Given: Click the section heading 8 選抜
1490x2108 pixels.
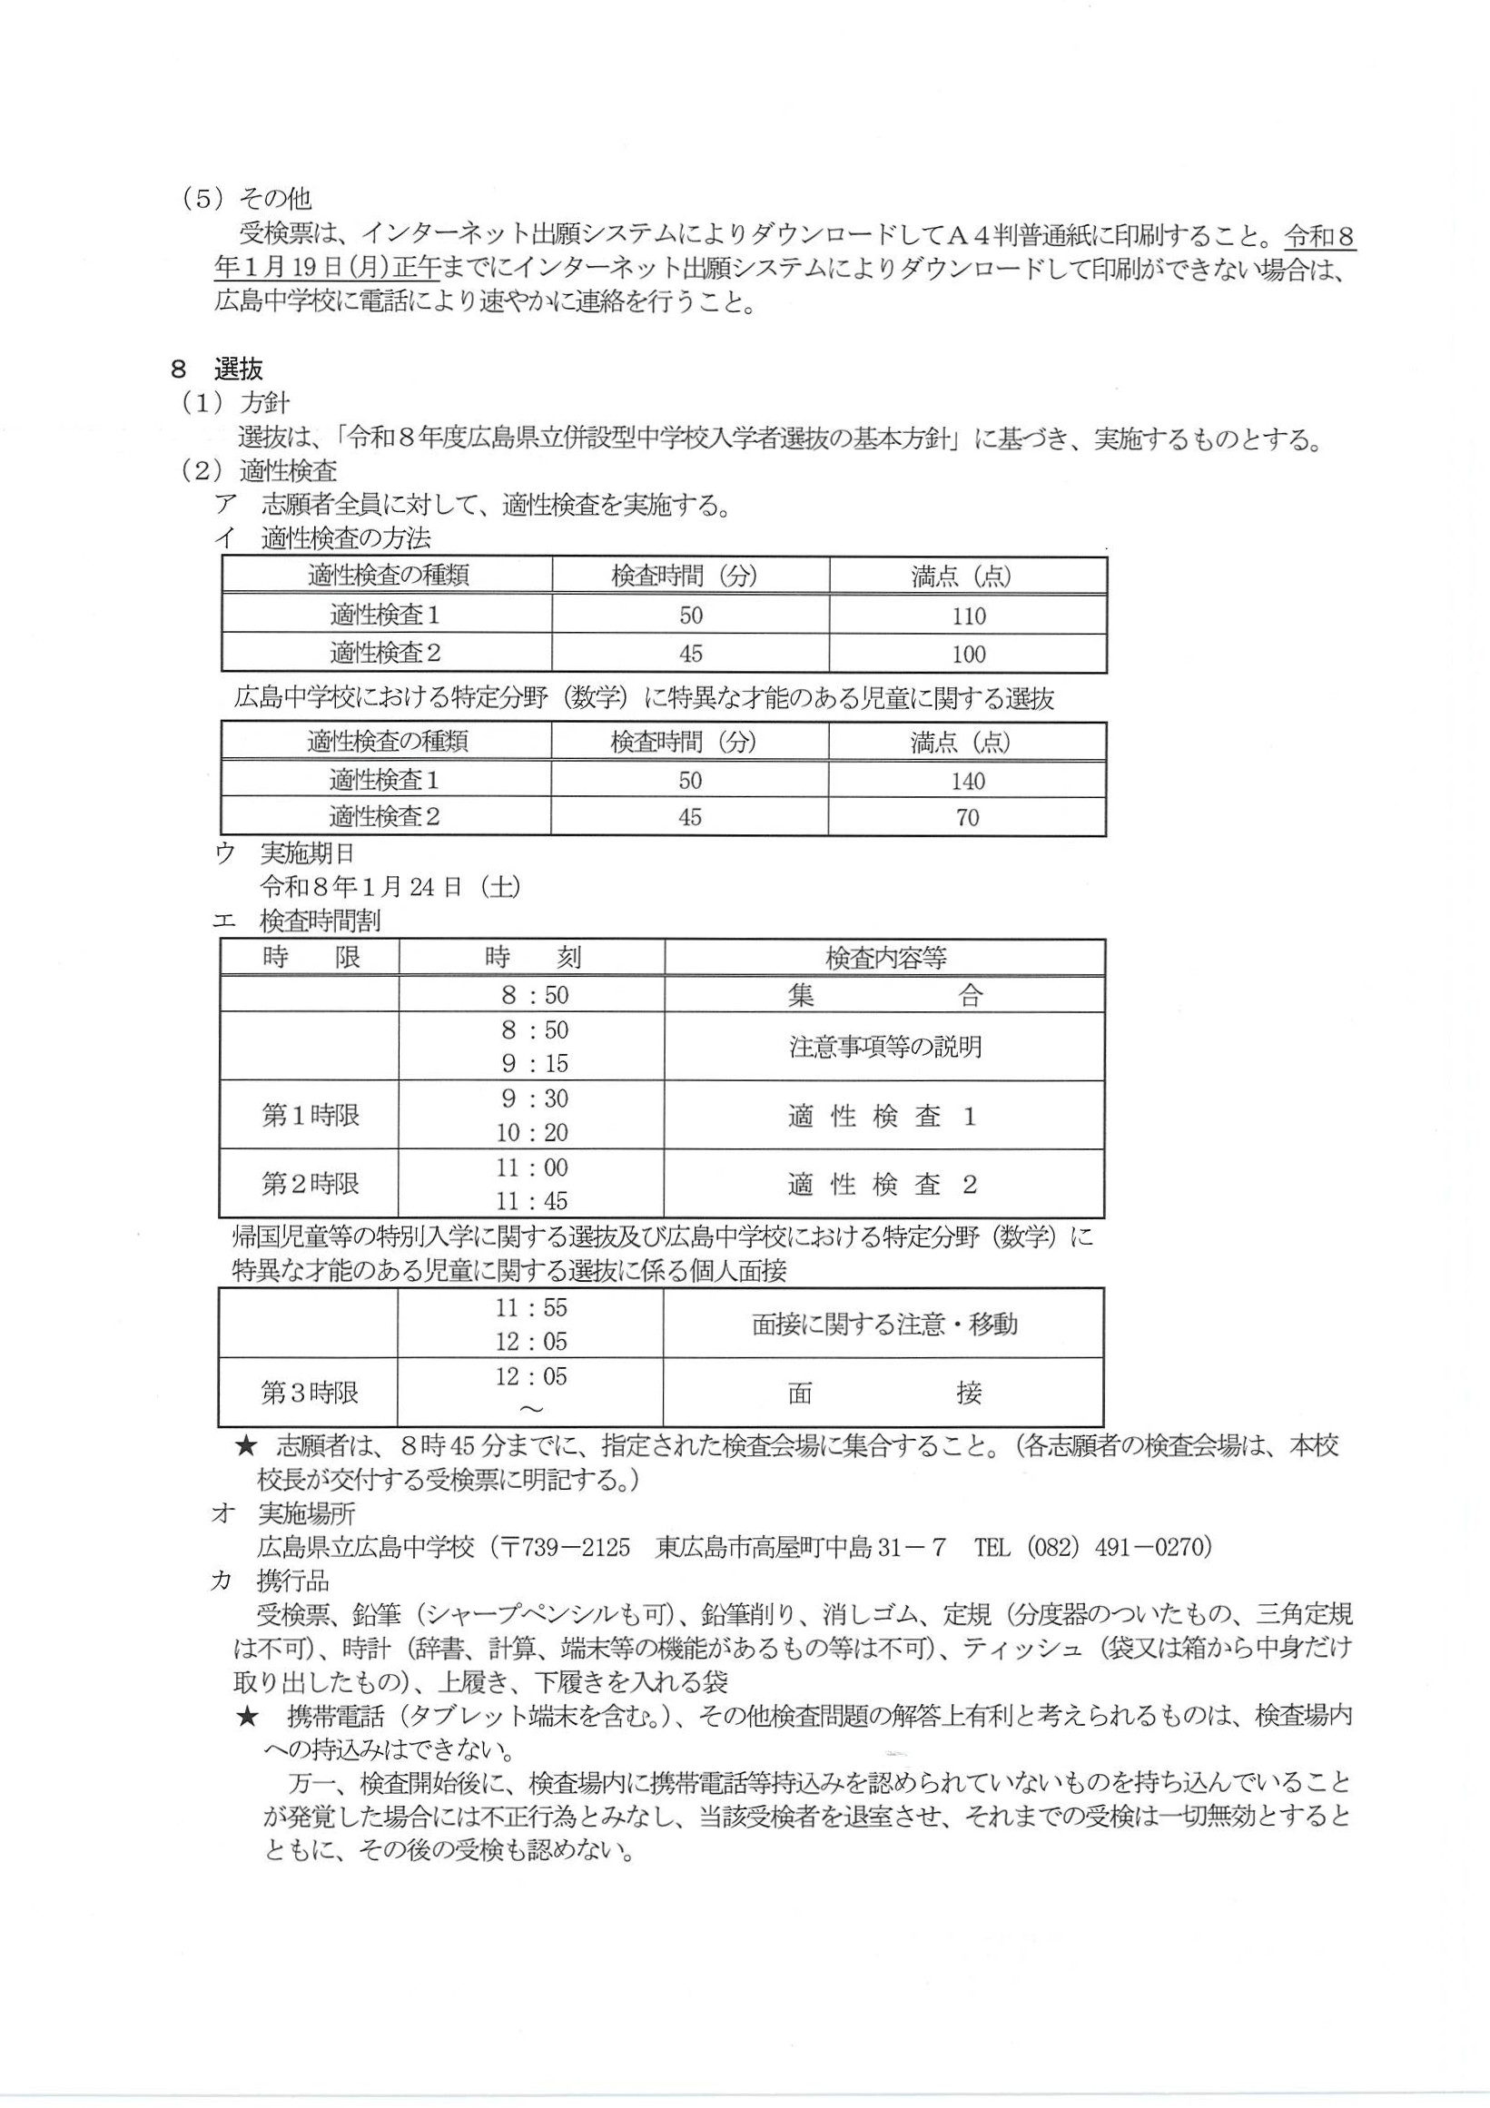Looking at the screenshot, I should tap(218, 369).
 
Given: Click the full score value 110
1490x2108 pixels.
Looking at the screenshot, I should tap(968, 616).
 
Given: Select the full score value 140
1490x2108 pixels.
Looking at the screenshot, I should tap(968, 781).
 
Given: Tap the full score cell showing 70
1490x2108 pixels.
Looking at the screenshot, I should tap(968, 817).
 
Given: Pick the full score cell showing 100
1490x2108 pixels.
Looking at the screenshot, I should tap(968, 654).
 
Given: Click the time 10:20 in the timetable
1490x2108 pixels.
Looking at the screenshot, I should tap(531, 1133).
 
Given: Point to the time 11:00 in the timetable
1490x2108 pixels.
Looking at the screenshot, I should tap(531, 1167).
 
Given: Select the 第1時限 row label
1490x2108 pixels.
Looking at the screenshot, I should tap(311, 1117).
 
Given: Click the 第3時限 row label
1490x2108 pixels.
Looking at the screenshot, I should tap(311, 1393).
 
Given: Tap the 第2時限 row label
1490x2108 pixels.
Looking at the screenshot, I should tap(311, 1185).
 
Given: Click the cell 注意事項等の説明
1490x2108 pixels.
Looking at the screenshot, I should tap(885, 1047).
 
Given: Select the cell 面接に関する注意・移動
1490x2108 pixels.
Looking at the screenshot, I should tap(884, 1324).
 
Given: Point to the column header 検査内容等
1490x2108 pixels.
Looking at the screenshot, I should tap(885, 959).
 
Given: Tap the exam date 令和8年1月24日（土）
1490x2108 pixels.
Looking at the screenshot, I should tap(391, 887).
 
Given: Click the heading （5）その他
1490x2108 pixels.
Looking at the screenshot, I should tap(246, 198).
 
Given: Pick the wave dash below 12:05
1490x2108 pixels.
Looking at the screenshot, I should tap(531, 1410).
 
